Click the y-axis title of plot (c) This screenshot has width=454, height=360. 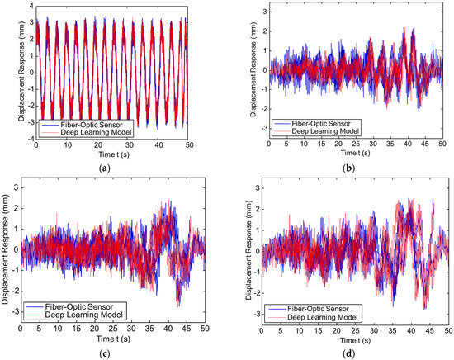pos(7,257)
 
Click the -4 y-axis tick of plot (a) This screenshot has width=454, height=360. pos(30,140)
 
